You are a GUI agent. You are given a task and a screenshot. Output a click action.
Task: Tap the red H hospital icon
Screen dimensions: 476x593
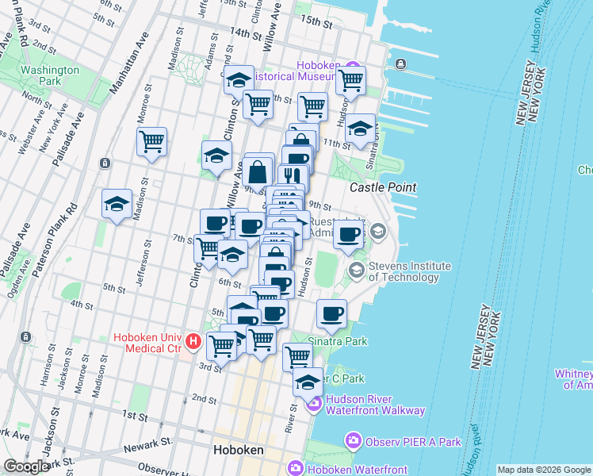[x=193, y=343]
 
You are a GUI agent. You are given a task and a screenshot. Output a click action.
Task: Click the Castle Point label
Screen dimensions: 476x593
[x=384, y=186]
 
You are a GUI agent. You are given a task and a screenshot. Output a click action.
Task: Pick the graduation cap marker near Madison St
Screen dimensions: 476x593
[x=117, y=204]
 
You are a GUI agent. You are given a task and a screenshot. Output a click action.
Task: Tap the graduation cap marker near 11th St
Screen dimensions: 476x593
[x=360, y=129]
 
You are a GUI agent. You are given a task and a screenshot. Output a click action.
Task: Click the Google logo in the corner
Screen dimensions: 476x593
[x=26, y=466]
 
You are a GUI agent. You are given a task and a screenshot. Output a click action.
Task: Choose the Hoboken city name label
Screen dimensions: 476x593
[x=239, y=450]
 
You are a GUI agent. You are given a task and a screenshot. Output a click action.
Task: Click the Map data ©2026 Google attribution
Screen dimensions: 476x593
[x=543, y=470]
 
